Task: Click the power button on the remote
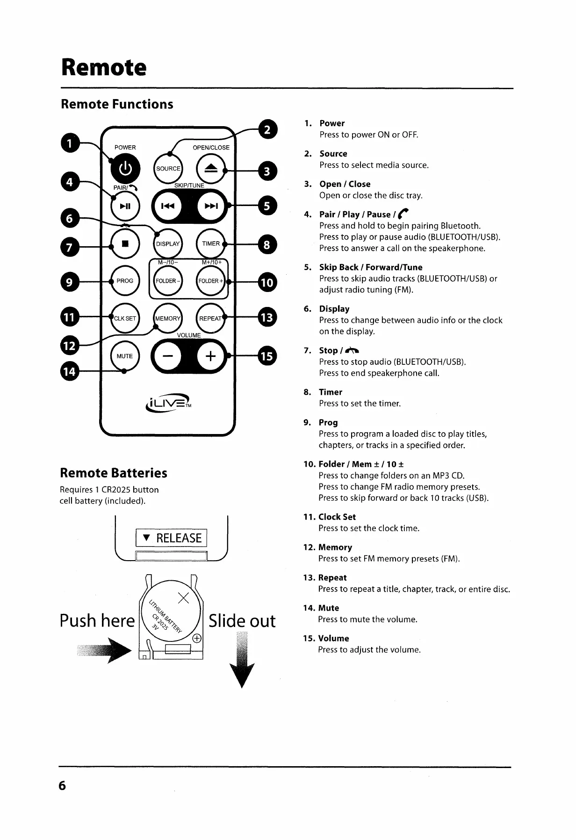125,168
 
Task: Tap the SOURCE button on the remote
168,169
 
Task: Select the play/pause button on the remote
125,206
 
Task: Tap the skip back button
168,206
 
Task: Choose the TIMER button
211,243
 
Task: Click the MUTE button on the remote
125,356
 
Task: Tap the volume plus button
211,356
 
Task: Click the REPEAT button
211,318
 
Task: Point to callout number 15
267,356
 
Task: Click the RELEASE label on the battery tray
172,538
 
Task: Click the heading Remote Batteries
114,473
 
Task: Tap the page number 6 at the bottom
62,785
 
